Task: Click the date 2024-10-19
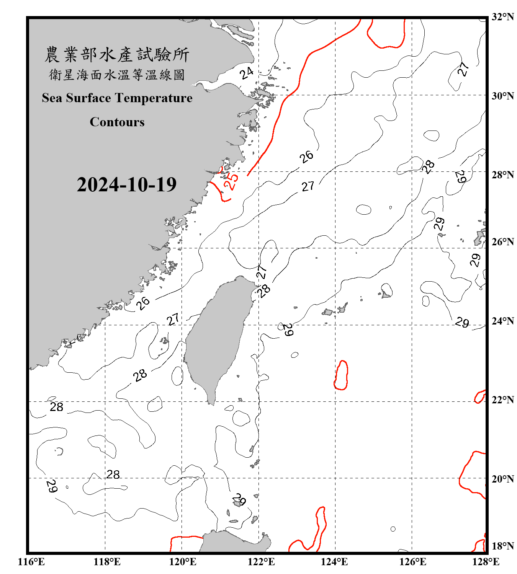click(126, 185)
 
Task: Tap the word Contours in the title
click(117, 122)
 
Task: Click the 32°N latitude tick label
click(503, 17)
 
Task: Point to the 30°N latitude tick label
click(503, 96)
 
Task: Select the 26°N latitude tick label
click(503, 242)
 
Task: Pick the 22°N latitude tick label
click(503, 400)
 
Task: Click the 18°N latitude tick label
click(503, 546)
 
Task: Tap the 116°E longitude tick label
click(31, 562)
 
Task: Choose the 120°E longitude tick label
click(183, 562)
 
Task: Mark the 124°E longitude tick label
click(334, 562)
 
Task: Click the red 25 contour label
click(231, 181)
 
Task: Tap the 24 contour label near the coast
click(247, 73)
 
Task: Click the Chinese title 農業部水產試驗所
click(117, 55)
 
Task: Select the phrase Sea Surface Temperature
click(117, 98)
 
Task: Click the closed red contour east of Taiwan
click(341, 375)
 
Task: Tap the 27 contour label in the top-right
click(463, 69)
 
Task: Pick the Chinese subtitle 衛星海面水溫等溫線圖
click(117, 75)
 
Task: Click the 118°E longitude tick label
click(107, 562)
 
